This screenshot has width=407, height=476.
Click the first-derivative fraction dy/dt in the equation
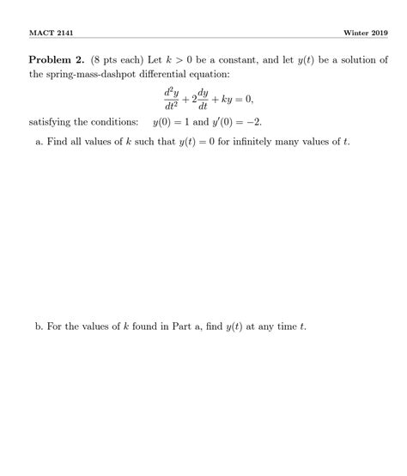coord(203,101)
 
